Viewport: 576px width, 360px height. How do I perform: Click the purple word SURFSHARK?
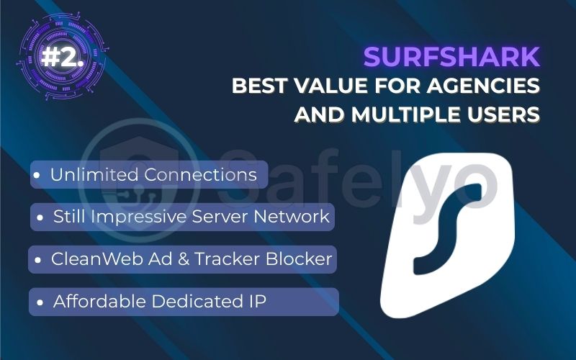[452, 56]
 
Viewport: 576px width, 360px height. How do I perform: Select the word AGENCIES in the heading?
[480, 86]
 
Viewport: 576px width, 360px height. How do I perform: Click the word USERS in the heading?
[503, 114]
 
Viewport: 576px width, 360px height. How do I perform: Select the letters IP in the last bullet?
[255, 302]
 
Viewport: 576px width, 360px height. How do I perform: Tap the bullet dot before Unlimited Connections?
[36, 175]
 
